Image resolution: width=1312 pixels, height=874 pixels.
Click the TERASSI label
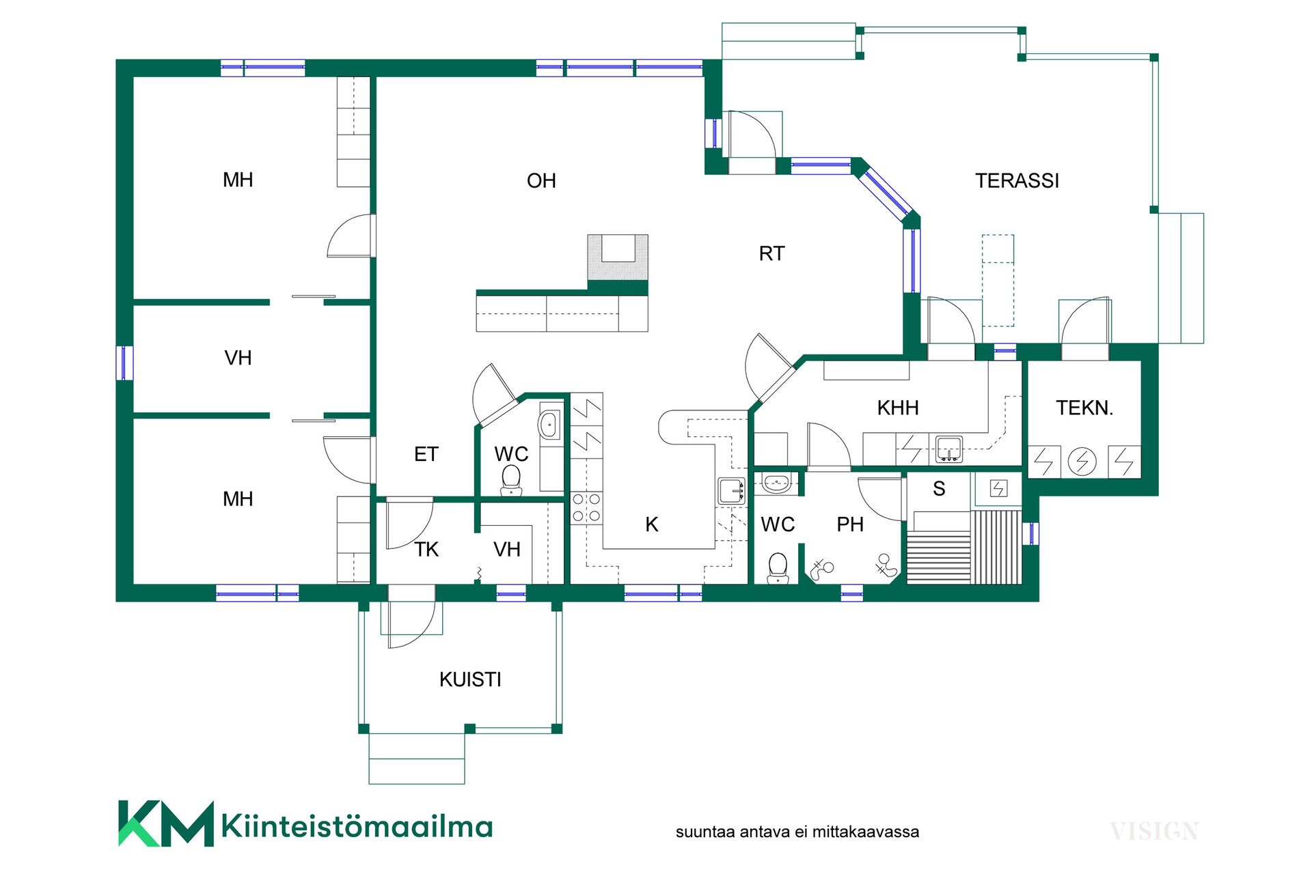point(1017,181)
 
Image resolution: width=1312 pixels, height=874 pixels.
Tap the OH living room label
point(541,181)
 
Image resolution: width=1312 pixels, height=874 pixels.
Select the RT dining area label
point(771,254)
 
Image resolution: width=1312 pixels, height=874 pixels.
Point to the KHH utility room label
point(898,408)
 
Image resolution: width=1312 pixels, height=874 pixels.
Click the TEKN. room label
point(1084,408)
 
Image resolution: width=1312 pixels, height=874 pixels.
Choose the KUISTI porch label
point(470,680)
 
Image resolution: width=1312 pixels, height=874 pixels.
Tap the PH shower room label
point(850,525)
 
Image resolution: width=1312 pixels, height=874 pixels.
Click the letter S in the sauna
point(939,489)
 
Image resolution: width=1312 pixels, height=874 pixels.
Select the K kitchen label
point(652,525)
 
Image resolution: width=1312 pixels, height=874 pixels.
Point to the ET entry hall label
point(426,455)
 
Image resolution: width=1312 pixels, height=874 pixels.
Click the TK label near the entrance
point(426,550)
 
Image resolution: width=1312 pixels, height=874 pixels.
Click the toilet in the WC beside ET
point(511,480)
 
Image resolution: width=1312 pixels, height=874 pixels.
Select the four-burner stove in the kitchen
point(586,508)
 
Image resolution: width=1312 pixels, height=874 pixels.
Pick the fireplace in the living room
point(618,257)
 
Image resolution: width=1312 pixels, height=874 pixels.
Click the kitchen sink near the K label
point(731,491)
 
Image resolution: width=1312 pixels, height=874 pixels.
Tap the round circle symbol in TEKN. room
point(1082,462)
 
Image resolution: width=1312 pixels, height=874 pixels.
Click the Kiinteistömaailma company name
point(357,826)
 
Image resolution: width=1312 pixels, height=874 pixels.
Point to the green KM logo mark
point(166,823)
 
